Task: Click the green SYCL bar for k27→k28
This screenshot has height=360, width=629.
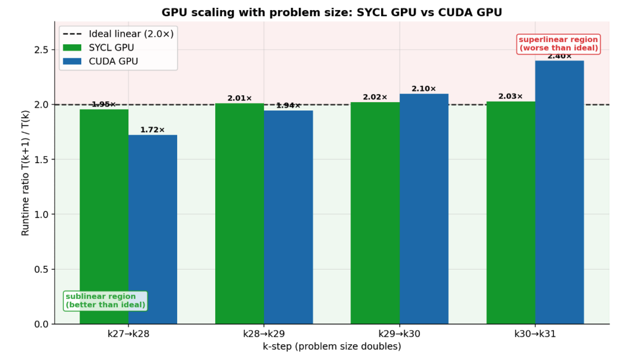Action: click(104, 216)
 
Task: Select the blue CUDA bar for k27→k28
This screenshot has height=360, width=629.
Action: click(153, 229)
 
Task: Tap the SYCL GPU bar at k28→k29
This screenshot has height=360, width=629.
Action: click(239, 214)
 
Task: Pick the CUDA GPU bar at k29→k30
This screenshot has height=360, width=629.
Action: click(424, 209)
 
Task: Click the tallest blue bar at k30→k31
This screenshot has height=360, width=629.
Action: click(559, 192)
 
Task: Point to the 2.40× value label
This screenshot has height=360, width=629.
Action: click(559, 56)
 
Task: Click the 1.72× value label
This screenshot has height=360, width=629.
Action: click(152, 130)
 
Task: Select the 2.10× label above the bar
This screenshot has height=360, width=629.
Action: click(424, 89)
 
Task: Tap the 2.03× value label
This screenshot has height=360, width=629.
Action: click(511, 96)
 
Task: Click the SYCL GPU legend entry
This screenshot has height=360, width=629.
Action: click(99, 47)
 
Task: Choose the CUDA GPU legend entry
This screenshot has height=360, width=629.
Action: click(101, 61)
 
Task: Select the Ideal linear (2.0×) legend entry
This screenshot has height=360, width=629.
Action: click(118, 34)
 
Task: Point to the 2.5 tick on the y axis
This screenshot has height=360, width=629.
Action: click(41, 50)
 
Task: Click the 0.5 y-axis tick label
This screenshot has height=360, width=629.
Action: click(41, 269)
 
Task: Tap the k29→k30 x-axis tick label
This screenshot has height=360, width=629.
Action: click(399, 334)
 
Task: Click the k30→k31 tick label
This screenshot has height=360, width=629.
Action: click(535, 334)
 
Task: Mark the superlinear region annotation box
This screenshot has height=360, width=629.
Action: click(558, 44)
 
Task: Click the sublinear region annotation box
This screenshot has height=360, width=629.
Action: click(105, 301)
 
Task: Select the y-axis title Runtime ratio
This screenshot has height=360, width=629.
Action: click(25, 173)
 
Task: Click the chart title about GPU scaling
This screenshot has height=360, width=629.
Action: click(332, 12)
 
